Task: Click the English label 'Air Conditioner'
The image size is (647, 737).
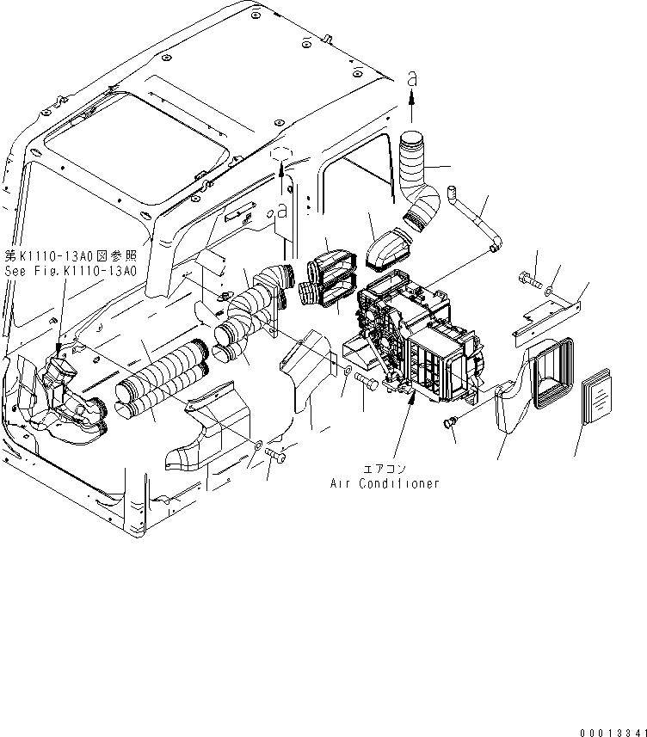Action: click(x=385, y=483)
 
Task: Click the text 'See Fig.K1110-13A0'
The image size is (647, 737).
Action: click(x=71, y=270)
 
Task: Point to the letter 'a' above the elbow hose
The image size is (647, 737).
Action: click(x=411, y=77)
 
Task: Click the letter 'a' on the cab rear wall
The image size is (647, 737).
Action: click(x=281, y=210)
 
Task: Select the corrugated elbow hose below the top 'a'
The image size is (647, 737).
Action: click(x=420, y=182)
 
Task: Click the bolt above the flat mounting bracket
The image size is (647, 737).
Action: click(x=531, y=279)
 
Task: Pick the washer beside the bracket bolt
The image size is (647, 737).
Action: click(x=551, y=292)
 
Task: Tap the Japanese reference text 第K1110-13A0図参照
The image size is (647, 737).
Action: click(x=71, y=255)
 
